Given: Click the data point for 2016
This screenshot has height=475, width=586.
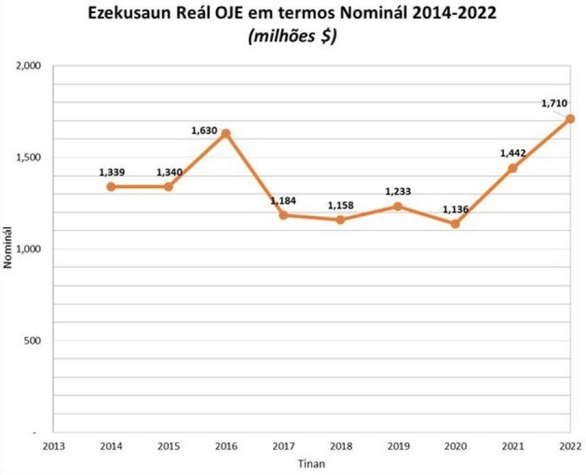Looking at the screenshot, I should point(226,133).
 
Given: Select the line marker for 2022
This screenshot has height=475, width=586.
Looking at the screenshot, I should point(570,119).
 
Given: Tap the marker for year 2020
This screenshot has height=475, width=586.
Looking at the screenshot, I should point(455,224).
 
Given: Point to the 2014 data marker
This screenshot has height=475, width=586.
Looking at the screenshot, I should point(111,187).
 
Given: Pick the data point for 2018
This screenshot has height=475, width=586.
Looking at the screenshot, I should point(341,220).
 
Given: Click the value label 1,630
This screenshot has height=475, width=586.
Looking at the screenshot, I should point(204,131).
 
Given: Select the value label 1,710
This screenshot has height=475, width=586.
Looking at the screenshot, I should point(554,103).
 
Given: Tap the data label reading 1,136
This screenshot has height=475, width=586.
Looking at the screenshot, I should point(455,210).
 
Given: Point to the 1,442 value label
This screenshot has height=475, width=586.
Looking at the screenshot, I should point(512,153).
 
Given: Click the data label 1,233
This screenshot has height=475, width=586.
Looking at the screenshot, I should point(398,192).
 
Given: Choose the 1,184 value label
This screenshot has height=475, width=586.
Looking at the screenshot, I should point(283,200).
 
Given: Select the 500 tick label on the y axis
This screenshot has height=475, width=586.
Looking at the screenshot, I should point(33,340).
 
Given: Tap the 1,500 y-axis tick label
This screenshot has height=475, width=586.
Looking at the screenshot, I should point(29,157).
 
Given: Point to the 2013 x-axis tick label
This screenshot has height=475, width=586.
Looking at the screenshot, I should point(53,445).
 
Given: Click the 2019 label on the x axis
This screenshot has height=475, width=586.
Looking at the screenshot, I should point(398,445).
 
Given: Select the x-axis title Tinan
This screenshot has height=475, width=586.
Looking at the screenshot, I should point(311,464).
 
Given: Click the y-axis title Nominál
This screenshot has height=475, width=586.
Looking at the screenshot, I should point(9,249).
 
